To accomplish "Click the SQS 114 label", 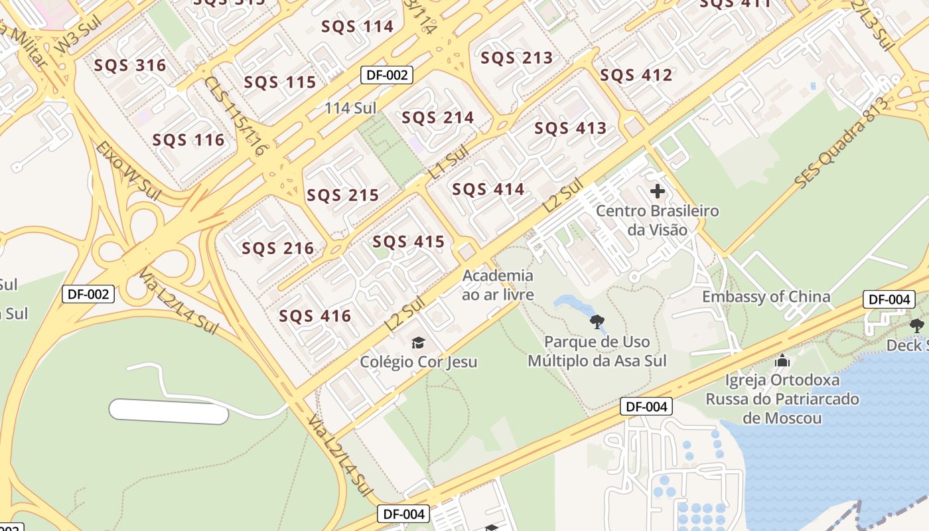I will click(357, 27).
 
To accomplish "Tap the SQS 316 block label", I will click(130, 65).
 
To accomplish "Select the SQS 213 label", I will click(516, 58).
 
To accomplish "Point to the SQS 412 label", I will click(636, 75).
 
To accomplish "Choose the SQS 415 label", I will click(408, 242).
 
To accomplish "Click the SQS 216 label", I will click(277, 248).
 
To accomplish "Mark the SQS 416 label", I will click(315, 316).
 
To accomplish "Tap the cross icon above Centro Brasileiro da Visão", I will click(657, 192).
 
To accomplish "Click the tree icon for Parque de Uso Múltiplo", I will click(597, 323).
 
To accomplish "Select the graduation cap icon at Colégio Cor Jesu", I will click(418, 342).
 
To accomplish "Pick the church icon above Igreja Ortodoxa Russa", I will click(782, 361).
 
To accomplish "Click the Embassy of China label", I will click(766, 296).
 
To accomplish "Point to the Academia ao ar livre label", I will click(498, 284).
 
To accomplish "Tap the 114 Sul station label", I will click(350, 108).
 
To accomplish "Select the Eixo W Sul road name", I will click(128, 169).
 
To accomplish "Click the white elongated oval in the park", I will click(169, 412).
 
